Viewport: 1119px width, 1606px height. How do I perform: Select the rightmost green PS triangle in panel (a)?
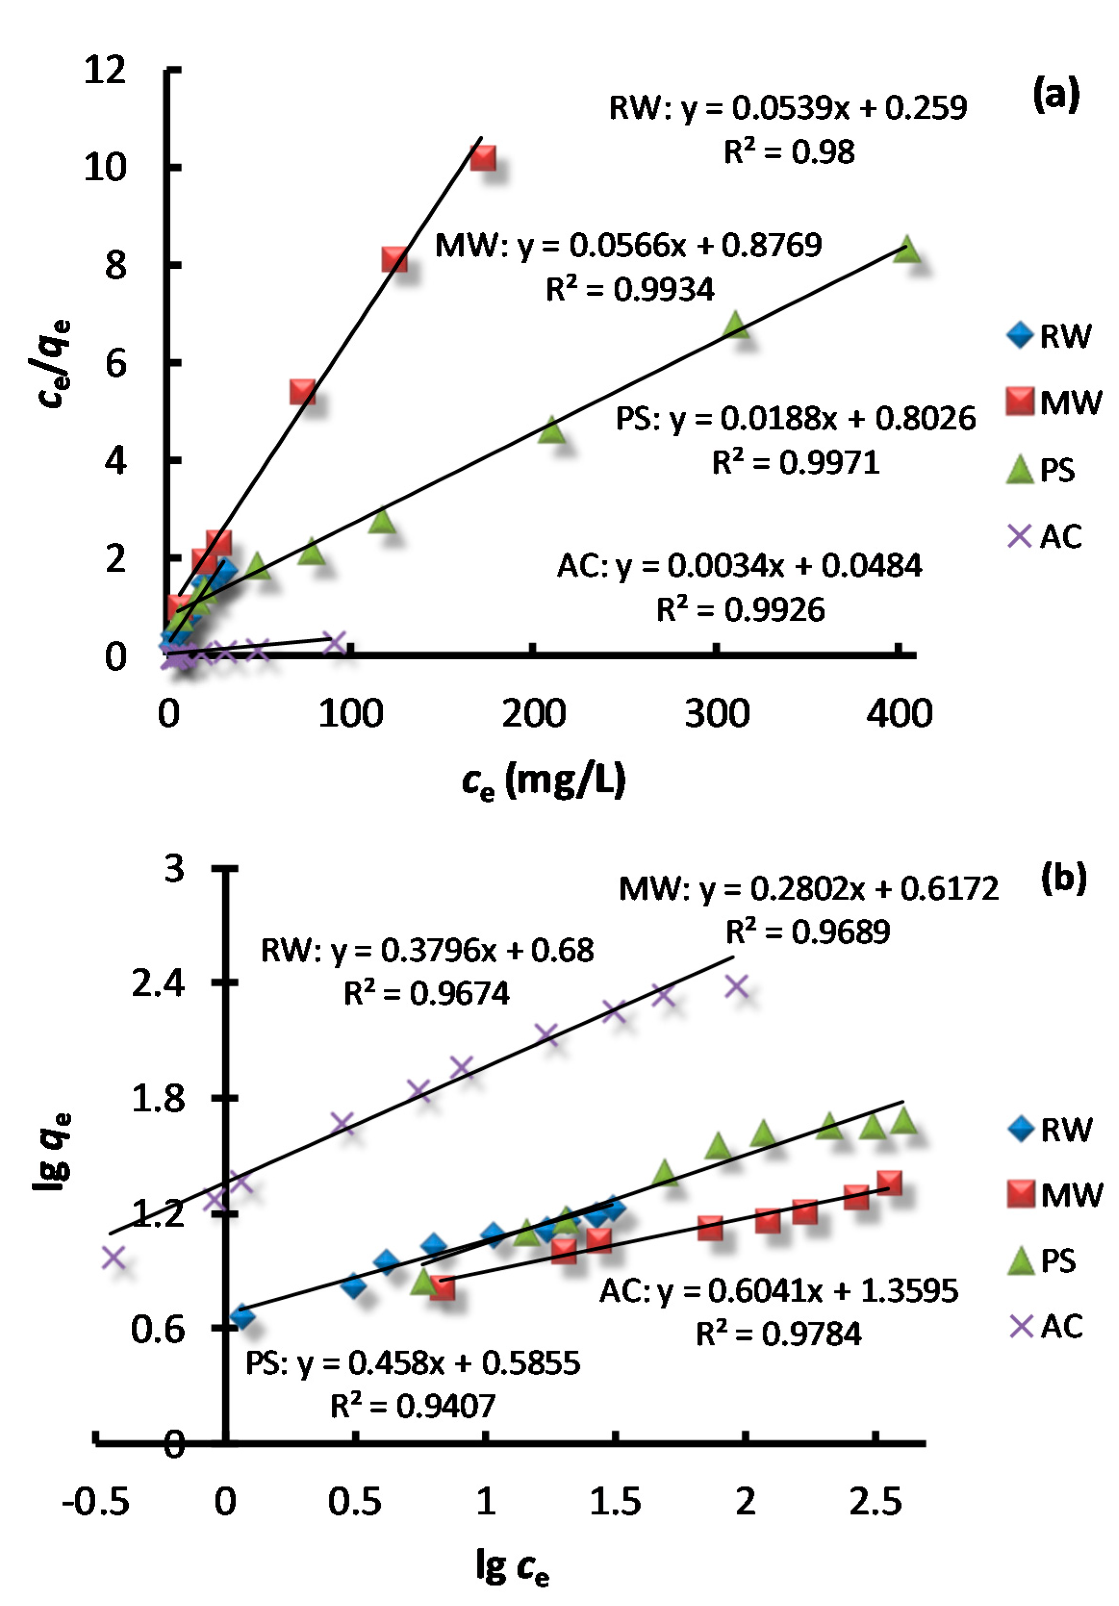click(x=906, y=249)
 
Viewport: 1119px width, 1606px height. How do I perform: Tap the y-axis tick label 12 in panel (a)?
click(x=105, y=70)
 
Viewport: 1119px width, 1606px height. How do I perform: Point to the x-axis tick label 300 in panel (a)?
click(x=716, y=714)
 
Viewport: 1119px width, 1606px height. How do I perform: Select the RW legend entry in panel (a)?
click(x=1049, y=336)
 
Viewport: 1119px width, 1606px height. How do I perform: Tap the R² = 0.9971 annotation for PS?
click(x=795, y=463)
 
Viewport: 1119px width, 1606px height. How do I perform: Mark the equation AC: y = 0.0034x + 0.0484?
click(x=739, y=565)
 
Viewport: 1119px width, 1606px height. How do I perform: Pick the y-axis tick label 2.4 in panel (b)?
click(x=158, y=983)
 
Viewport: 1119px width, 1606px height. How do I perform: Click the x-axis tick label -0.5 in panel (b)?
click(x=96, y=1502)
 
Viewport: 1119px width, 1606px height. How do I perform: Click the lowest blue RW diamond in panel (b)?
click(x=242, y=1317)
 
